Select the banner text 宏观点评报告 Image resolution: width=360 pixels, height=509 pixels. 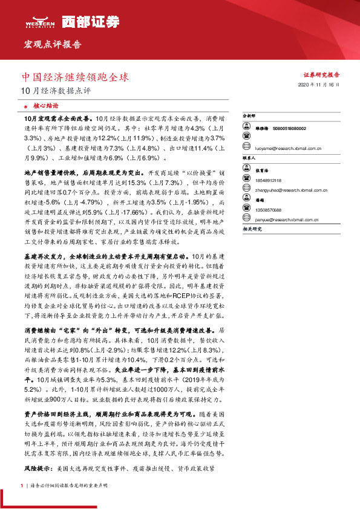[51, 45]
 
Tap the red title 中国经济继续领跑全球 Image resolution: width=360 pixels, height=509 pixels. [75, 78]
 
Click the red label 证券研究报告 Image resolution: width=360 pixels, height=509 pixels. [321, 75]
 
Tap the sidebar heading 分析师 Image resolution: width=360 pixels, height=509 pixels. [249, 114]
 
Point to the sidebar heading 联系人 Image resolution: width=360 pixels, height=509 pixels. [249, 157]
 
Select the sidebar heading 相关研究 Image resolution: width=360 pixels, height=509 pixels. [251, 230]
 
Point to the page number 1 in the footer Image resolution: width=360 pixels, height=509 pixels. [21, 485]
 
